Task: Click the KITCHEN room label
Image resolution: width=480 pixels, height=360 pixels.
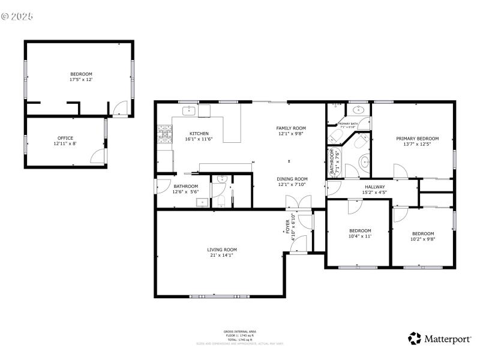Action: pos(199,133)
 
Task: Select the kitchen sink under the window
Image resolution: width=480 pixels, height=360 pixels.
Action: pos(189,111)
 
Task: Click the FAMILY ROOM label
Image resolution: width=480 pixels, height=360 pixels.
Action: pos(291,128)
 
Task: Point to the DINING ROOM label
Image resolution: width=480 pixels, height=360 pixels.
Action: pos(292,179)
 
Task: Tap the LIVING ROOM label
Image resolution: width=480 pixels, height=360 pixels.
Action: pos(222,250)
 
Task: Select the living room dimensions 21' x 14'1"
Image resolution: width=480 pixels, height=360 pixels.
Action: pos(222,256)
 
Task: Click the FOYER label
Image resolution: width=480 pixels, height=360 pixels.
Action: pos(287,226)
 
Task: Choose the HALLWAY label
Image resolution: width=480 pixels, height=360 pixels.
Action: pos(375,187)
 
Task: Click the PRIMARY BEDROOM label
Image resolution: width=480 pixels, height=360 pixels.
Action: pos(417,139)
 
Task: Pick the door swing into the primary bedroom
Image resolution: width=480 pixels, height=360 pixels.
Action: pos(400,171)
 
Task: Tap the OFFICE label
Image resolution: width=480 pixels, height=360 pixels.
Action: pos(65,138)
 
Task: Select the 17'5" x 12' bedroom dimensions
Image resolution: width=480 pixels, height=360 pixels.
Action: pos(82,79)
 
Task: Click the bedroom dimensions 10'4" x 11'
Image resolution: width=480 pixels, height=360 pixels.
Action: pos(360,236)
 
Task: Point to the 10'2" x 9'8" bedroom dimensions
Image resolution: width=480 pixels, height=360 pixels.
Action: pos(422,239)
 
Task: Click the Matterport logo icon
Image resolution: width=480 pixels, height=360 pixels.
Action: pos(415,338)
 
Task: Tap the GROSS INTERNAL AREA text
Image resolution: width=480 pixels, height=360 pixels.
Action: pos(240,331)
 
